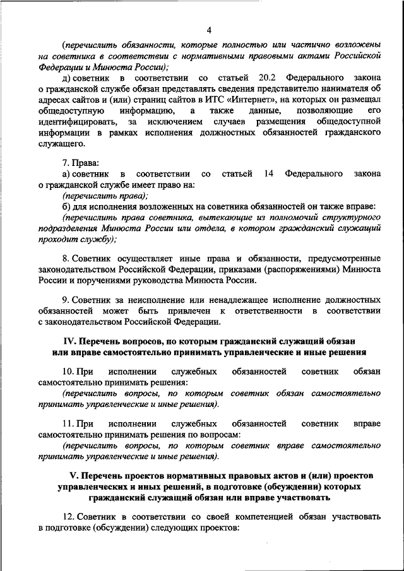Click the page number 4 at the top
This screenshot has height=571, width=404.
[208, 29]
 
